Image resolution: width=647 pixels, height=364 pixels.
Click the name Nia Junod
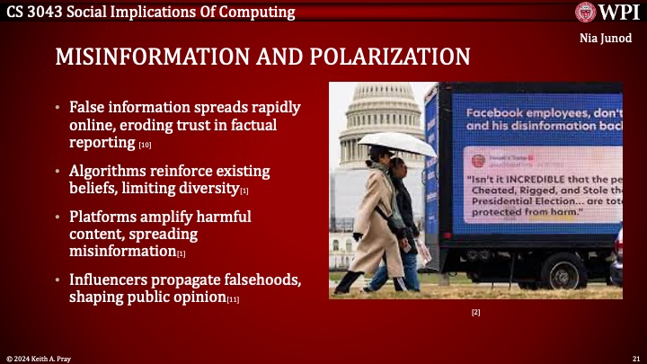(614, 39)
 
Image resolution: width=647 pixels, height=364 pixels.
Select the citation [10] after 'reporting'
(145, 145)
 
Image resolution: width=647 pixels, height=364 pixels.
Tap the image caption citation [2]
(475, 311)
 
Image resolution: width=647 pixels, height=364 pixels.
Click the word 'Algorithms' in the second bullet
(110, 171)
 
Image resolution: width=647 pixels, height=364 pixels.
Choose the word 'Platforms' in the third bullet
(105, 218)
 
